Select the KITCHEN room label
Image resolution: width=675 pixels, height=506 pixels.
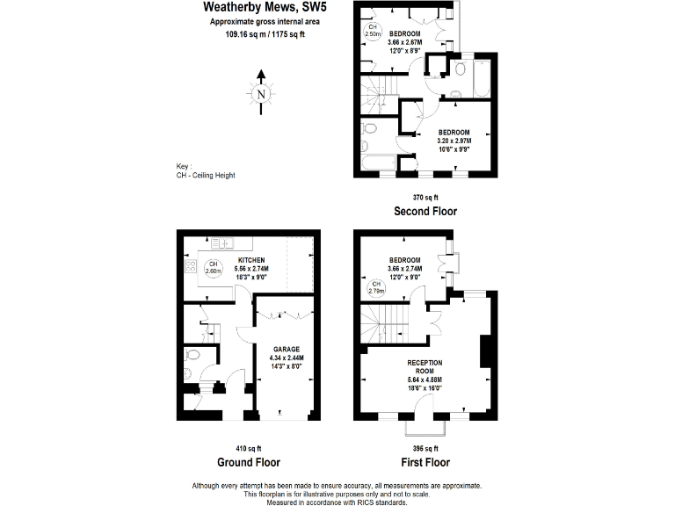pos(251,261)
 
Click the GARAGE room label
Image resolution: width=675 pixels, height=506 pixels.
pos(285,349)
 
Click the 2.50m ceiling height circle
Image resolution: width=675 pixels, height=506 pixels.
pos(373,31)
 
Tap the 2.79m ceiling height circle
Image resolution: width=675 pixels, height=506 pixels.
pos(376,287)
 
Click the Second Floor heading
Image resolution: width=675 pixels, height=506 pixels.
pos(425,212)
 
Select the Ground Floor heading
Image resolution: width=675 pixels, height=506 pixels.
pos(248,462)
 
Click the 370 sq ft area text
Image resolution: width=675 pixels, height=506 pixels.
pos(425,197)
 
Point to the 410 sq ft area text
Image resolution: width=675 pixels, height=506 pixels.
pos(248,448)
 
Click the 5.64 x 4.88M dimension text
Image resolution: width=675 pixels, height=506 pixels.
pos(425,379)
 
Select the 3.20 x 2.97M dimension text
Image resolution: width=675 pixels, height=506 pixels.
pos(454,140)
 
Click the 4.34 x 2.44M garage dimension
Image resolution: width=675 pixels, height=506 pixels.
pos(285,358)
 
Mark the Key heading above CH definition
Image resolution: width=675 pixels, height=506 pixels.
pos(183,166)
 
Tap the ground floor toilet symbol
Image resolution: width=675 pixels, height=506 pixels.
pos(193,357)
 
